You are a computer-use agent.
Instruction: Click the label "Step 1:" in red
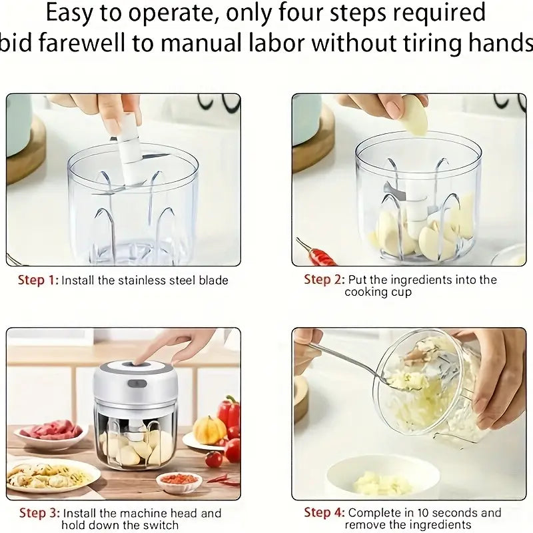[x=37, y=280]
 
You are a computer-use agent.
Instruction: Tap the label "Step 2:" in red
[x=323, y=280]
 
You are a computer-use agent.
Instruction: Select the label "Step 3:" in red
[x=39, y=513]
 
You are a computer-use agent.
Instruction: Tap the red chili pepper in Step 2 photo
[x=318, y=254]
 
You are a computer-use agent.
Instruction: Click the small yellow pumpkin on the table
[x=209, y=430]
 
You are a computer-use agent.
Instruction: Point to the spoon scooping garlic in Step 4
[x=353, y=363]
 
